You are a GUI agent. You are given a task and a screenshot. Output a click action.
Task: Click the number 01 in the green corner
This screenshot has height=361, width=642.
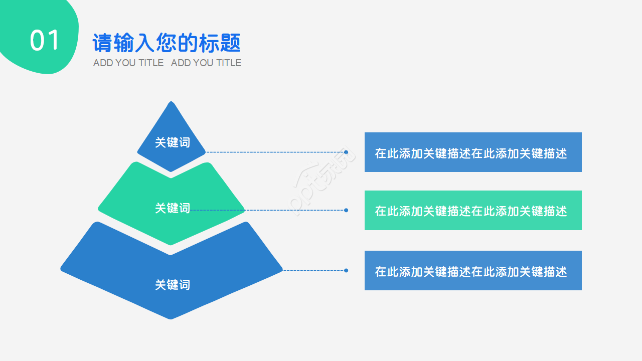tap(45, 41)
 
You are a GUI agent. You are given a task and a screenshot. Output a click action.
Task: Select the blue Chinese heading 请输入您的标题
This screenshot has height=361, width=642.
tap(167, 43)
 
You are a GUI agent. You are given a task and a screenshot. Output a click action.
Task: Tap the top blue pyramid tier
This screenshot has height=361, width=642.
tap(172, 125)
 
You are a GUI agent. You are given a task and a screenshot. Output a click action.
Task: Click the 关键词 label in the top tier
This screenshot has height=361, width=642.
tap(172, 142)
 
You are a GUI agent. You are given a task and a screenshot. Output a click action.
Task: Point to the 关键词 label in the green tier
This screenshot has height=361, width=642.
tap(172, 208)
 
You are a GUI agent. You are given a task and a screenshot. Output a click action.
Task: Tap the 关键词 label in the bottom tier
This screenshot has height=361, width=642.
tap(172, 285)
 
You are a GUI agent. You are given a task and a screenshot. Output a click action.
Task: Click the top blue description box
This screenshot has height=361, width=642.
tap(472, 152)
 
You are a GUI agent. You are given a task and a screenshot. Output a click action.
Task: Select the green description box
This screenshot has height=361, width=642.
tap(472, 210)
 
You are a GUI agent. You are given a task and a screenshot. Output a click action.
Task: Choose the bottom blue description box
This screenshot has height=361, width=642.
tap(472, 270)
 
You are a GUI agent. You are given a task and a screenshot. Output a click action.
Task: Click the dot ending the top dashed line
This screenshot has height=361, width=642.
tap(346, 152)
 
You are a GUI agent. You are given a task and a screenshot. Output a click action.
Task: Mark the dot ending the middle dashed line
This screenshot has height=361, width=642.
tap(346, 211)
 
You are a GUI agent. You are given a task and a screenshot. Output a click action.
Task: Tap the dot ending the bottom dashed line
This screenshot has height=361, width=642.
tap(346, 270)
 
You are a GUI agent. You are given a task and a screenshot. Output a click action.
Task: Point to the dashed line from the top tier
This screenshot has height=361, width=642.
tap(276, 152)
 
